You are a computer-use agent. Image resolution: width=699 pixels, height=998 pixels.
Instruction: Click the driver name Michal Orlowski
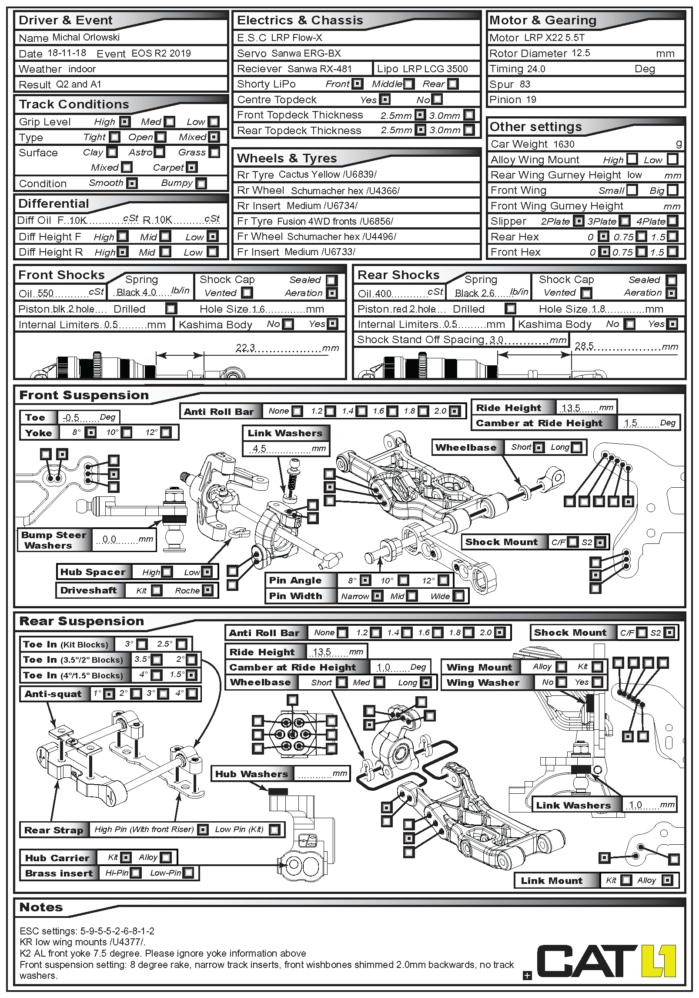coord(86,37)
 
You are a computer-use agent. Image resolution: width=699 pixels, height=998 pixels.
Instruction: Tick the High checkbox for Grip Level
coord(125,121)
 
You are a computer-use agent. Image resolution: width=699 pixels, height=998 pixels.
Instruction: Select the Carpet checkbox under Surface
coord(191,167)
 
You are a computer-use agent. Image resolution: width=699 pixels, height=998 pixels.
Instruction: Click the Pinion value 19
coord(531,100)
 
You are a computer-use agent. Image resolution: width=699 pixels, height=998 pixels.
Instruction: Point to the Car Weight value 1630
coord(564,144)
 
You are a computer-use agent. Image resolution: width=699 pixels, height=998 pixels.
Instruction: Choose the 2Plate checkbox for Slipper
coord(578,221)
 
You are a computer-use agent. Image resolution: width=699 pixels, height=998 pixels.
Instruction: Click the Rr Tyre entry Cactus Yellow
coord(309,175)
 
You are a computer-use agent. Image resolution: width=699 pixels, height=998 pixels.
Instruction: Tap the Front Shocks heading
coord(62,275)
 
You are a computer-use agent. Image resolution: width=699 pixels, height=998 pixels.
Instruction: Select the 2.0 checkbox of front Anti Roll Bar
coord(454,411)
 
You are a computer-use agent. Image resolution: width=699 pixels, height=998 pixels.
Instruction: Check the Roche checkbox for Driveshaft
coord(208,590)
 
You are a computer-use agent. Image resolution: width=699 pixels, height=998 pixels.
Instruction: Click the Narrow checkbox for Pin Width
coord(378,596)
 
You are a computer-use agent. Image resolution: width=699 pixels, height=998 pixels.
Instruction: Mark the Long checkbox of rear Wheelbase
coord(426,682)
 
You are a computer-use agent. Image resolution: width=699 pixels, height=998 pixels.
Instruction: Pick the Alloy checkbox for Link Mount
coord(666,880)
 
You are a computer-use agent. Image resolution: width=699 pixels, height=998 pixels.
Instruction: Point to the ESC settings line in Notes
coord(87,931)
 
